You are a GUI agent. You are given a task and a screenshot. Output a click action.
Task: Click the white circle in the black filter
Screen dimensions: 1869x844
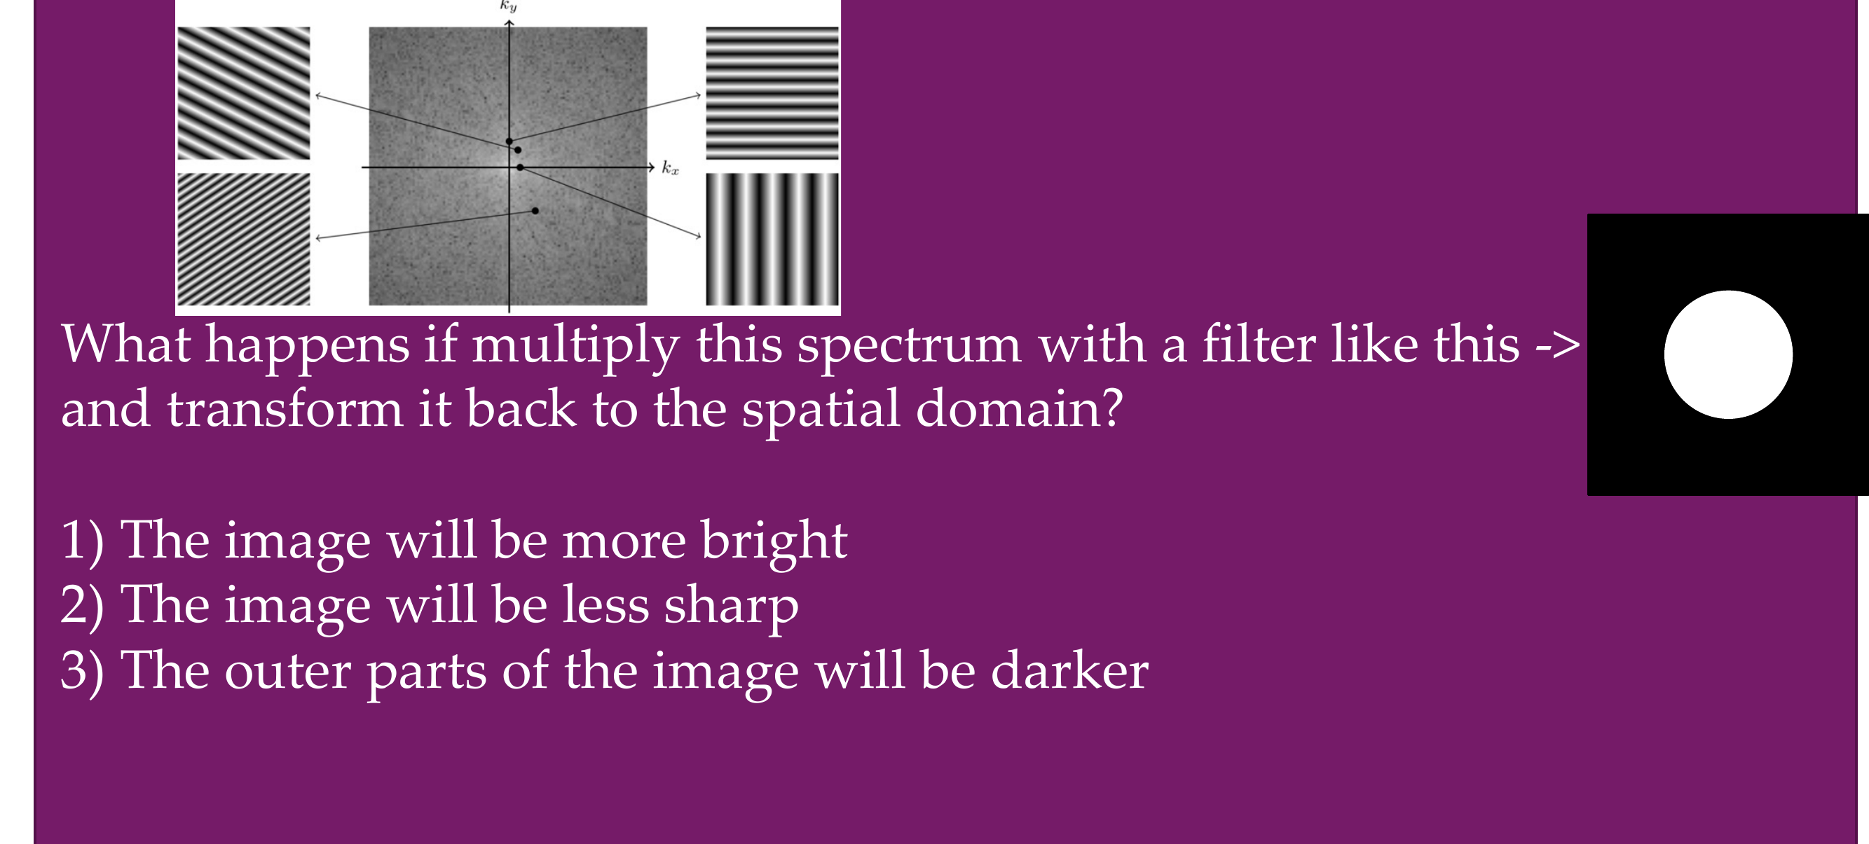[1727, 354]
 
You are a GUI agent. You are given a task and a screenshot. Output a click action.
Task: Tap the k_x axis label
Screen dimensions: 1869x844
[670, 168]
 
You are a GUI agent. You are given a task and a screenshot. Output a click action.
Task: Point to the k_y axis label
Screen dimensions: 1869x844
[508, 6]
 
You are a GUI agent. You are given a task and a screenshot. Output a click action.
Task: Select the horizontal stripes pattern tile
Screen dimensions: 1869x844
[772, 93]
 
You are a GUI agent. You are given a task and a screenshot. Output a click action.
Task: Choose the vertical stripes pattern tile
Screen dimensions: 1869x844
[772, 240]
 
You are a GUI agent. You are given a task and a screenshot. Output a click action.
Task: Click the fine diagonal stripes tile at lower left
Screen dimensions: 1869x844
[244, 240]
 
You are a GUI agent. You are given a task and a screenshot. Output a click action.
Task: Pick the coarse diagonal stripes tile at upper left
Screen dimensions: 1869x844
[244, 93]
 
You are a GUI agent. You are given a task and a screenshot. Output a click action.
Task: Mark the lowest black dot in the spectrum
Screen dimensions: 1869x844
[535, 211]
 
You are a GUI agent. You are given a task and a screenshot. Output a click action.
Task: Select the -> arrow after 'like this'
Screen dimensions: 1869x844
[1557, 345]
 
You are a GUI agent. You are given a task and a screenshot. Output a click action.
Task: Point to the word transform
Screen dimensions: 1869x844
[285, 408]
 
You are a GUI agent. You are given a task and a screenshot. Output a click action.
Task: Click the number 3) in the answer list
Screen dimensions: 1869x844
[82, 672]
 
